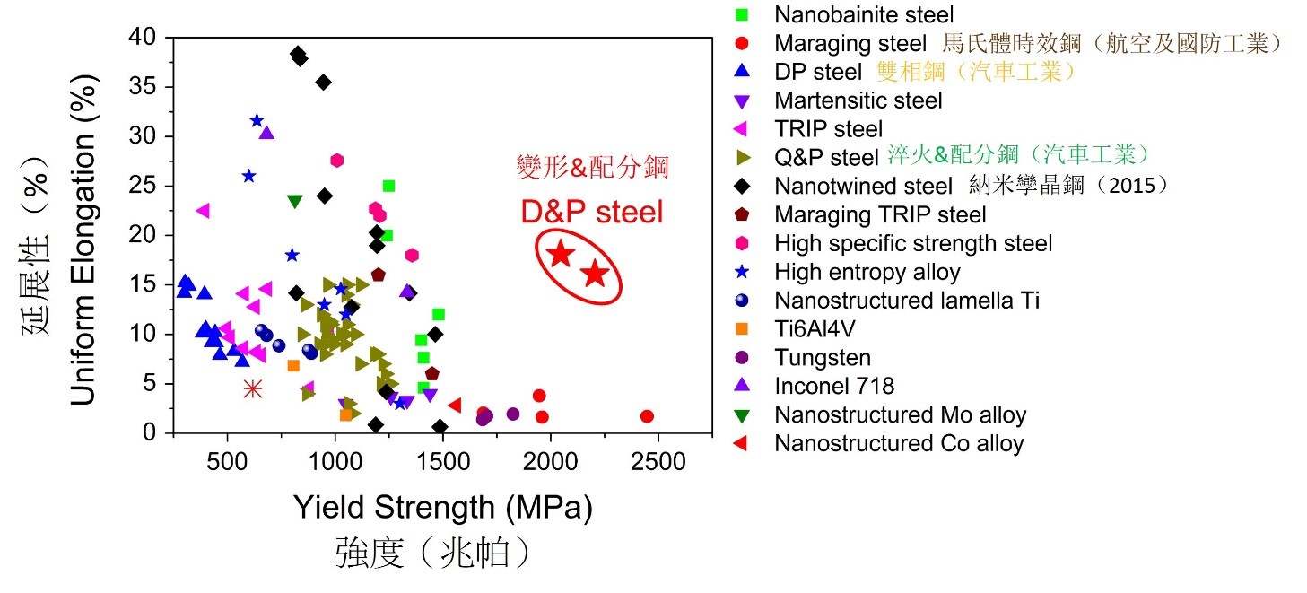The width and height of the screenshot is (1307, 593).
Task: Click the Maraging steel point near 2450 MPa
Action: pyautogui.click(x=647, y=416)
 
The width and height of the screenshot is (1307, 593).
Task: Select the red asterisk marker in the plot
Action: pyautogui.click(x=253, y=388)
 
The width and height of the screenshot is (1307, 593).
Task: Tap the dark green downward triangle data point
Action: pyautogui.click(x=294, y=201)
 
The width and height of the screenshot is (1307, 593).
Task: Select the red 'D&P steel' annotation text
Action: pyautogui.click(x=592, y=213)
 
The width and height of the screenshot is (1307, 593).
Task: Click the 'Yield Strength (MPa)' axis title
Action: pyautogui.click(x=443, y=509)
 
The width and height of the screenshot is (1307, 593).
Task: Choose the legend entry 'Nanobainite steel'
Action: pyautogui.click(x=864, y=14)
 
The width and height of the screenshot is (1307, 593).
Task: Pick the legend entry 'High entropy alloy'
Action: pyautogui.click(x=867, y=271)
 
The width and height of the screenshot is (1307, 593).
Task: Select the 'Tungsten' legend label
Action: pyautogui.click(x=823, y=357)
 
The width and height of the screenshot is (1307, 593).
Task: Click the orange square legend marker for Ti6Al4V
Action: pyautogui.click(x=741, y=328)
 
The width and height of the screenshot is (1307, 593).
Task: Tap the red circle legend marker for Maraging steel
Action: pyautogui.click(x=741, y=43)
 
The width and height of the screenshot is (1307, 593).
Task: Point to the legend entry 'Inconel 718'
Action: pyautogui.click(x=834, y=386)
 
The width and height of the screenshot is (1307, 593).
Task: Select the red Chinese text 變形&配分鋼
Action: pyautogui.click(x=592, y=166)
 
